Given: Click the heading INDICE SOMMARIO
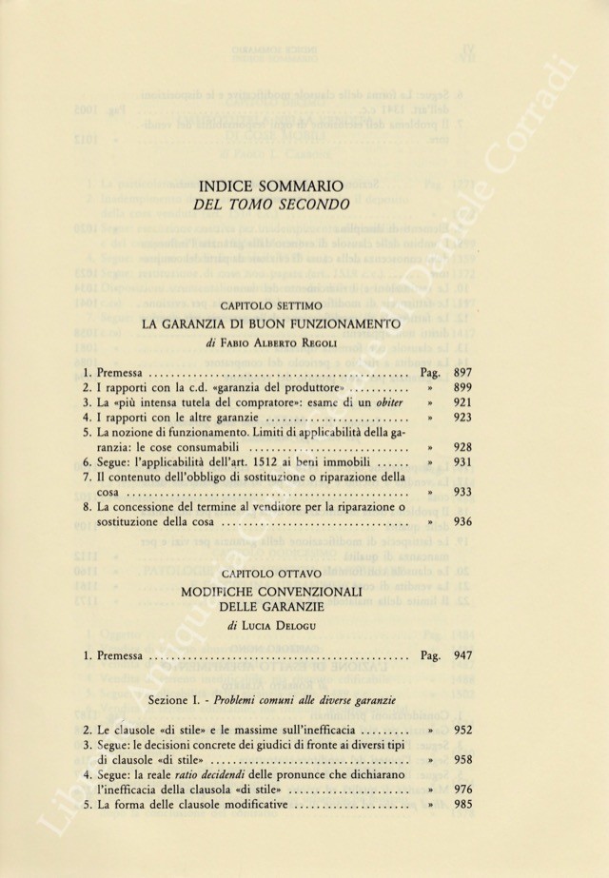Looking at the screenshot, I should pyautogui.click(x=271, y=185).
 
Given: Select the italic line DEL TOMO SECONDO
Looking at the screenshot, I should pyautogui.click(x=271, y=205).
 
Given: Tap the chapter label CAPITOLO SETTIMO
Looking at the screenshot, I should pyautogui.click(x=271, y=306).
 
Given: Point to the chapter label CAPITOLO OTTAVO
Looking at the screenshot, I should pyautogui.click(x=271, y=575).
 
